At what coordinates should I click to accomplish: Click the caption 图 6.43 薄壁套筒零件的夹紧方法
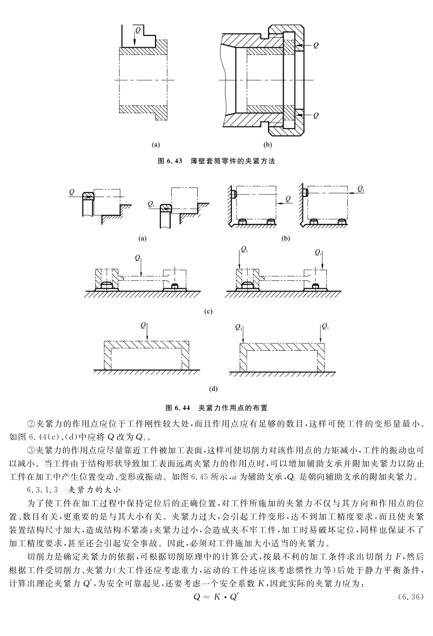click(216, 161)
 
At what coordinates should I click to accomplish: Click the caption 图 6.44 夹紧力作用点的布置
click(216, 407)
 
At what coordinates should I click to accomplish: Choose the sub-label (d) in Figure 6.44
click(213, 389)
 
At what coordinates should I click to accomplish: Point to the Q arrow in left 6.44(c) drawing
click(142, 267)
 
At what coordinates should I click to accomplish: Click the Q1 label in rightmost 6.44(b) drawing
click(361, 188)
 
